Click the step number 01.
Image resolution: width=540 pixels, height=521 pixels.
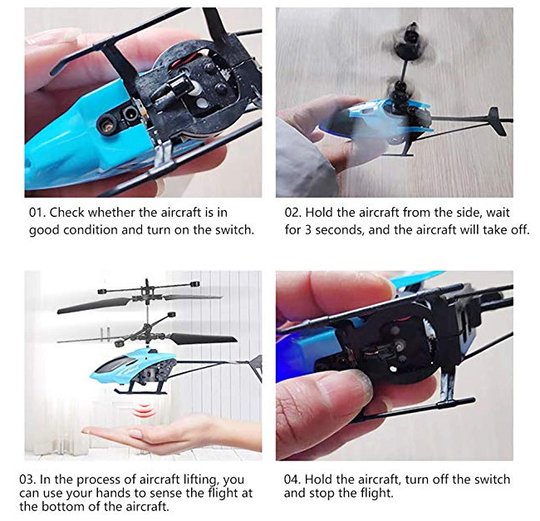click(x=37, y=213)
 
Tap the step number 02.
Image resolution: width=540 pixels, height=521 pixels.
click(x=292, y=213)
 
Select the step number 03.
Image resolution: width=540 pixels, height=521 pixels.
click(x=27, y=479)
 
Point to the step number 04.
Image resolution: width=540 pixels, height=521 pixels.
click(x=292, y=479)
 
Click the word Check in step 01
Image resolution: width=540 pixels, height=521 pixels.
click(x=66, y=213)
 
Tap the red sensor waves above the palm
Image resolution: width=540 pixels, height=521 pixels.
click(x=143, y=410)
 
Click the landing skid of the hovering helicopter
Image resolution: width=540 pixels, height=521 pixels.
click(x=140, y=391)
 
